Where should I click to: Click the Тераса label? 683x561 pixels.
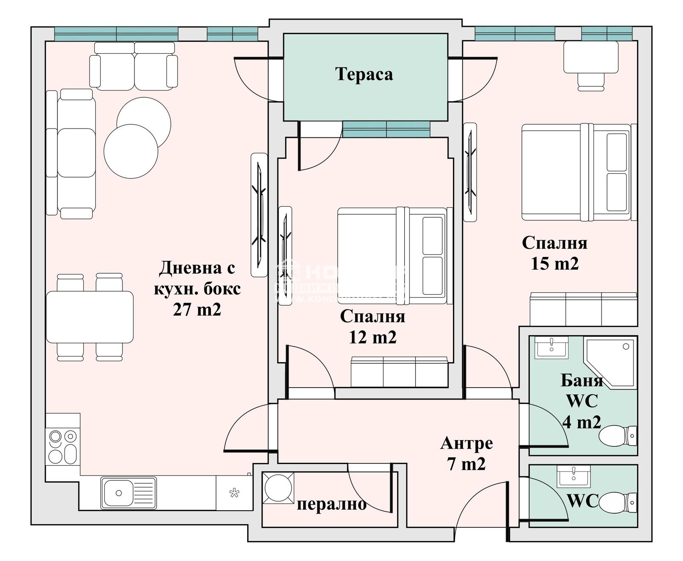[364, 74]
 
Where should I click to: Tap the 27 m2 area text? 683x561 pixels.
[197, 310]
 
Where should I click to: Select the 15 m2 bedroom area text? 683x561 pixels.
[555, 263]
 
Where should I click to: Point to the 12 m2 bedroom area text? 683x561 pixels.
[373, 337]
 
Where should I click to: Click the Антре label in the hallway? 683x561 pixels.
[467, 443]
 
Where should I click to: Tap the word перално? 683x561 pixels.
[332, 504]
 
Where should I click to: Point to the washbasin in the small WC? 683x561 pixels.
[574, 476]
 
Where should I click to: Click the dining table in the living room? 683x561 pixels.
[90, 317]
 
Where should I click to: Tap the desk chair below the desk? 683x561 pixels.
[592, 82]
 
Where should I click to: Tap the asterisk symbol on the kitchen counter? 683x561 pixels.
[234, 494]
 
